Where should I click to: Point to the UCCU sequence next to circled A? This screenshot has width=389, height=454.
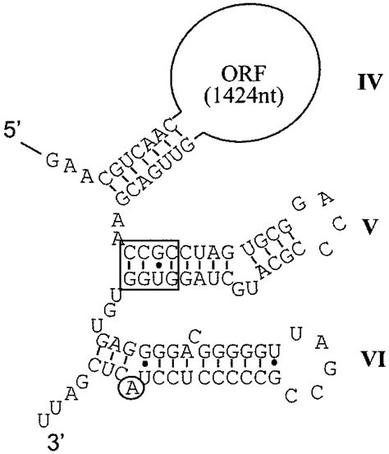click(x=168, y=384)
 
